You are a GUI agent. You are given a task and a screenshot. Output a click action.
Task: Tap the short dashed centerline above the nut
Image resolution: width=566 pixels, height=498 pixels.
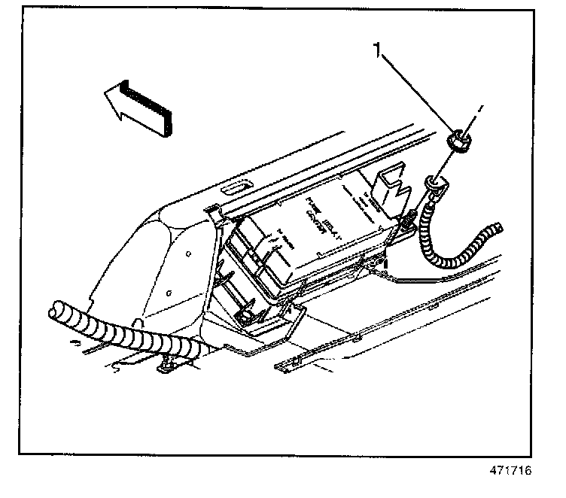pos(476,113)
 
